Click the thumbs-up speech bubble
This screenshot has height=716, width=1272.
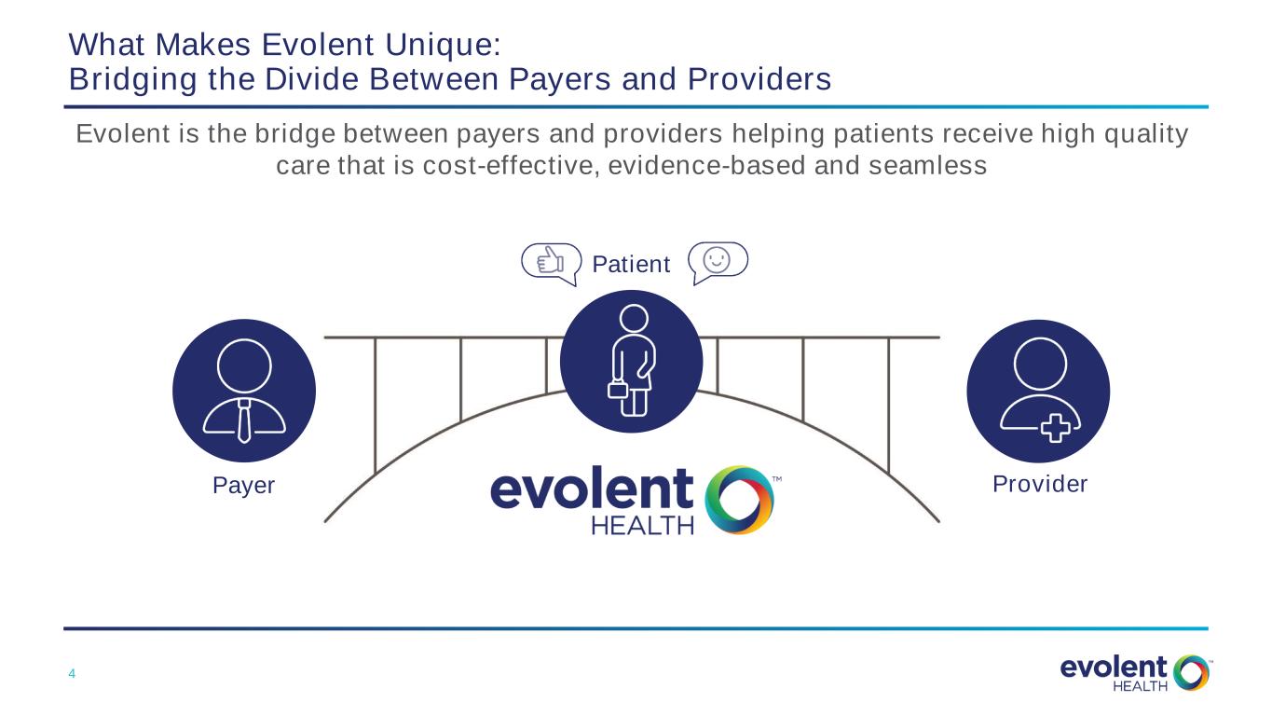coord(552,263)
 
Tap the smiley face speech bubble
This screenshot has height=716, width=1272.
coord(718,261)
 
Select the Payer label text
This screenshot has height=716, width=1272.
coord(243,486)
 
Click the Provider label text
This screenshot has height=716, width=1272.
coord(1040,484)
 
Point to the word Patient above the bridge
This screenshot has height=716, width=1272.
coord(631,264)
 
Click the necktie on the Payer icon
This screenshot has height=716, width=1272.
coord(244,420)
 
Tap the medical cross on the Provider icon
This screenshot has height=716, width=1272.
coord(1056,429)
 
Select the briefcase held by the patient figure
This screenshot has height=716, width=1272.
coord(618,391)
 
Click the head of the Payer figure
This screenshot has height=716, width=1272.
coord(244,365)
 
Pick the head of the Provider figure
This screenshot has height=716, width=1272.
coord(1040,365)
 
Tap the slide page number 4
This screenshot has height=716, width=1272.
coord(72,674)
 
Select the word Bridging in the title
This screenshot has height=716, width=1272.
coord(133,79)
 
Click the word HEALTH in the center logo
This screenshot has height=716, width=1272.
coord(642,526)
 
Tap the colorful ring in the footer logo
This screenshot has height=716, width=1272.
coord(1191,673)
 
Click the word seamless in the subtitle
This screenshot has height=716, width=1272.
coord(927,166)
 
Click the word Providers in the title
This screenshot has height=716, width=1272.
coord(759,79)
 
